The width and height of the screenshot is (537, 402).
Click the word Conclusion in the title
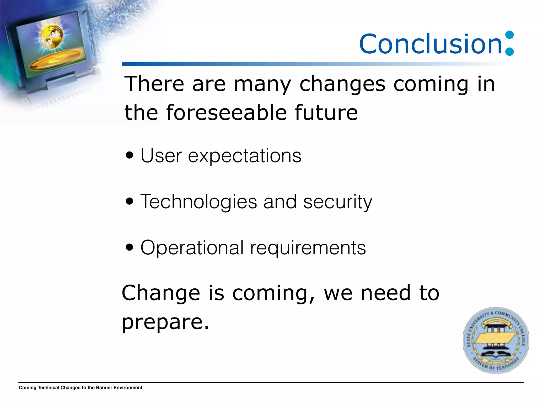[430, 44]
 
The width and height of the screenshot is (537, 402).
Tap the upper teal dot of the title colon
[509, 35]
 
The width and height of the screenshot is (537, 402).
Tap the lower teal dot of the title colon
[509, 51]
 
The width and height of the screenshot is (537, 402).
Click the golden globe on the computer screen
[52, 36]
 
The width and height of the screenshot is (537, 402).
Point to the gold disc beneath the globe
[55, 60]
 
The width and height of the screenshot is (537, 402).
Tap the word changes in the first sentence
[342, 84]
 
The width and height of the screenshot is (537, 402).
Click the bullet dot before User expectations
[129, 155]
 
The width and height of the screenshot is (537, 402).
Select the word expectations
[244, 156]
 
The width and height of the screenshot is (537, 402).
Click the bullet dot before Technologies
[129, 202]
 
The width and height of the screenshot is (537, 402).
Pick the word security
[337, 202]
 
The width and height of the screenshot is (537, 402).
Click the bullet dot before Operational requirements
[129, 247]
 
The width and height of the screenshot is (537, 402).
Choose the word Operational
[192, 248]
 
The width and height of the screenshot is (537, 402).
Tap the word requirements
[308, 248]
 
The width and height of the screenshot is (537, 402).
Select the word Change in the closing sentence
[161, 293]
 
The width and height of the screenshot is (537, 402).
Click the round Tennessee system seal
[496, 340]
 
